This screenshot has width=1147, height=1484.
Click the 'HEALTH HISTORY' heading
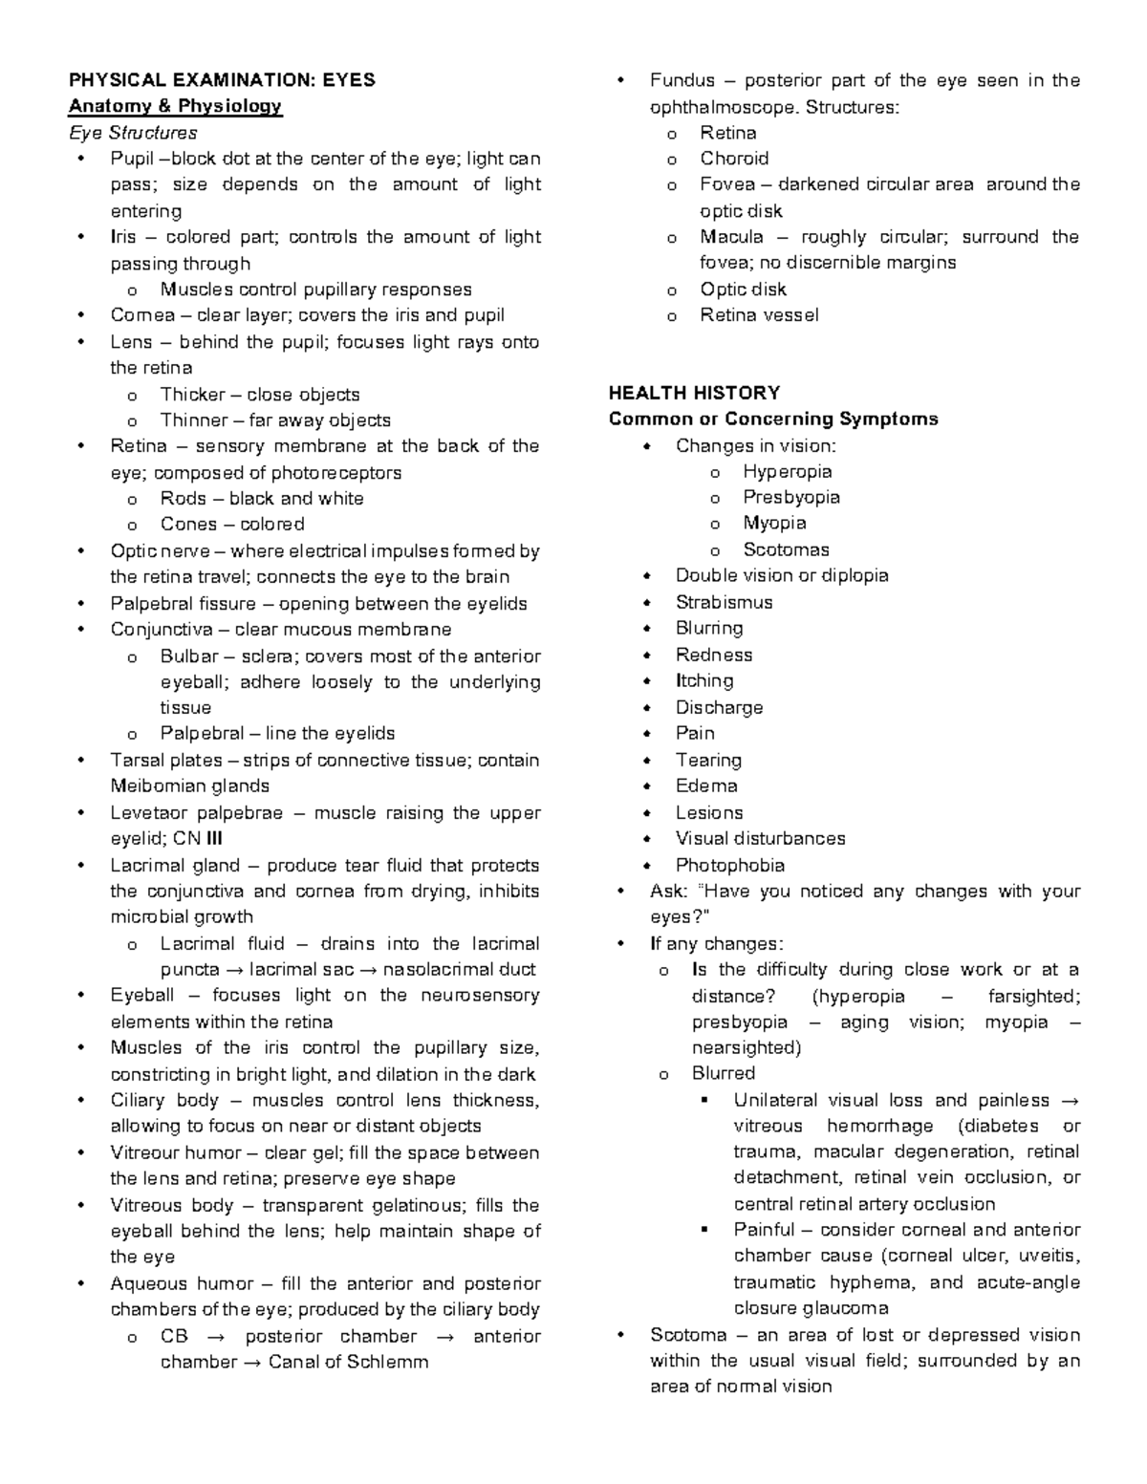(694, 393)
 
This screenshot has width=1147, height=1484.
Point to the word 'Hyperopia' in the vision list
(787, 471)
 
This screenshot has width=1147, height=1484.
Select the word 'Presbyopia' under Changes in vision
(790, 497)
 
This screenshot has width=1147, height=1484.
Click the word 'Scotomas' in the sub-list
(786, 549)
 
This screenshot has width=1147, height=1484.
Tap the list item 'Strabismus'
(724, 602)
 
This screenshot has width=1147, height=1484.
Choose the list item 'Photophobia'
(729, 865)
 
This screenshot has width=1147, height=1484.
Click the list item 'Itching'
(704, 680)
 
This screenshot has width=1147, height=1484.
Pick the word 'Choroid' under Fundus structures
(733, 159)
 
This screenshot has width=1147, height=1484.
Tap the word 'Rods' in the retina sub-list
(183, 498)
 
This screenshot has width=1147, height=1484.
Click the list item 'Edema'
(706, 785)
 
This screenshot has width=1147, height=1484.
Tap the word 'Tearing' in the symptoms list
(708, 760)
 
